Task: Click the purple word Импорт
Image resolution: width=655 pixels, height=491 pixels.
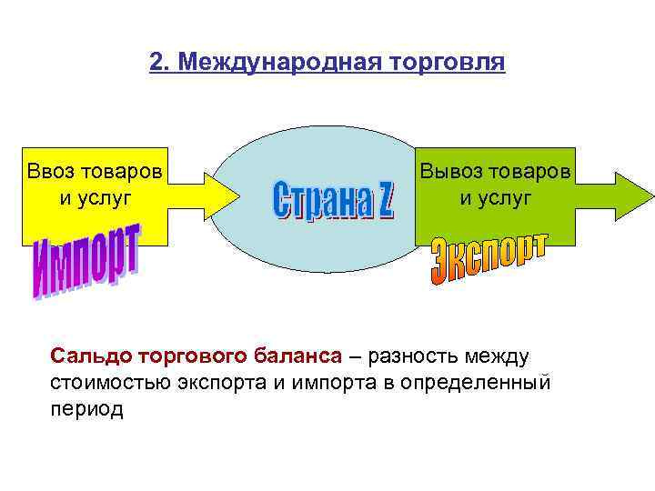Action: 86,265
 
